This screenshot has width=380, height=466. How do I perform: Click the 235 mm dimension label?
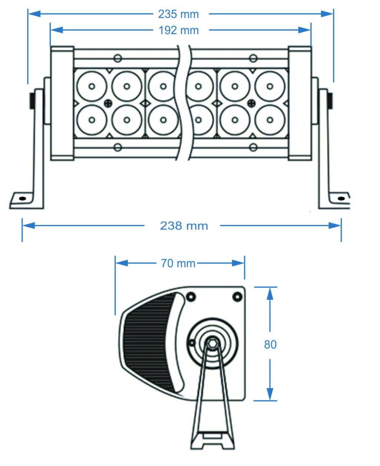178,14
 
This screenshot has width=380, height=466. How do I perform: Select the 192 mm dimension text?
178,30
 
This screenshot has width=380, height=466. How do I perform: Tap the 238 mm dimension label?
184,226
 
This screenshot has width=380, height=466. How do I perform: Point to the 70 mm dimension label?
178,263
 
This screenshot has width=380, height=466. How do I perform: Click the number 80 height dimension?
270,344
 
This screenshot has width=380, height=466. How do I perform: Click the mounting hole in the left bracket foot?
22,198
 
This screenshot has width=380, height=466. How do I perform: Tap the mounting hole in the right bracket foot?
341,198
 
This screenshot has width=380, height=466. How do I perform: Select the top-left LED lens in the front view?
92,87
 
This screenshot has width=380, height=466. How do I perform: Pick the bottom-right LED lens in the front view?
270,120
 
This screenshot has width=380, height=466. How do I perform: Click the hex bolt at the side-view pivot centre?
213,342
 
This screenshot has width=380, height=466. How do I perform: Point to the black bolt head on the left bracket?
32,100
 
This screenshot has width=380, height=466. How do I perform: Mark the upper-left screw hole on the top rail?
118,58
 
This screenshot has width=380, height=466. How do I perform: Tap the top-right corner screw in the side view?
236,297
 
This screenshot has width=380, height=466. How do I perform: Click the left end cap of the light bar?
62,103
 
